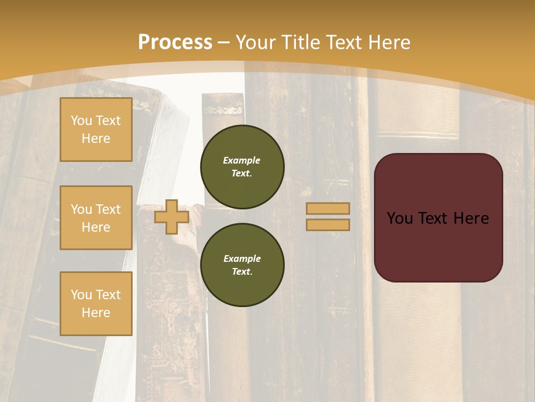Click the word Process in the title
(175, 42)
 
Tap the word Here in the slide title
(388, 42)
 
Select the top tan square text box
(96, 130)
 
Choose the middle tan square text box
(96, 218)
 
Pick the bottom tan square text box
(96, 304)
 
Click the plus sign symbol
(171, 217)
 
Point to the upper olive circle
(242, 166)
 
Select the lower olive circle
(242, 265)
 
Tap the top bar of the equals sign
(328, 209)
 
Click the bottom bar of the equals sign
(328, 224)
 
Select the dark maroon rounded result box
(438, 218)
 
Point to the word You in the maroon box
(399, 218)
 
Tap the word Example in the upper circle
(242, 160)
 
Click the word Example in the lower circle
(242, 259)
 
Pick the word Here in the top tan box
(96, 138)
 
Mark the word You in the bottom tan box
(81, 295)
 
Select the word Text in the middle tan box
(108, 209)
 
